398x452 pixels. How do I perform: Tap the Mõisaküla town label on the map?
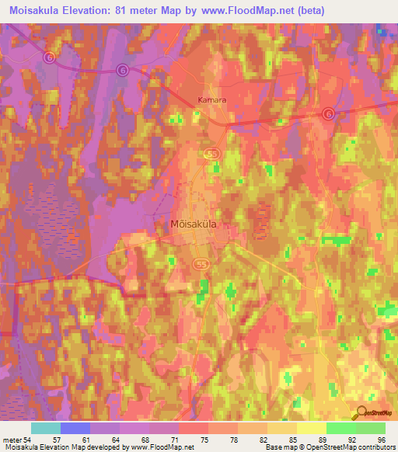[193, 224]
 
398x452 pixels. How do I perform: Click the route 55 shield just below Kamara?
[213, 155]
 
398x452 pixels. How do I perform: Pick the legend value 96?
[381, 439]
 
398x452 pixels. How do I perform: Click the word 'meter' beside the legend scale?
[12, 439]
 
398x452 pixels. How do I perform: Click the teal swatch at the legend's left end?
[46, 428]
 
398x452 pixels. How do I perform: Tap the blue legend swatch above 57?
[75, 428]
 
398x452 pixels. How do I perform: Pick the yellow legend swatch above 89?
[312, 428]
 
